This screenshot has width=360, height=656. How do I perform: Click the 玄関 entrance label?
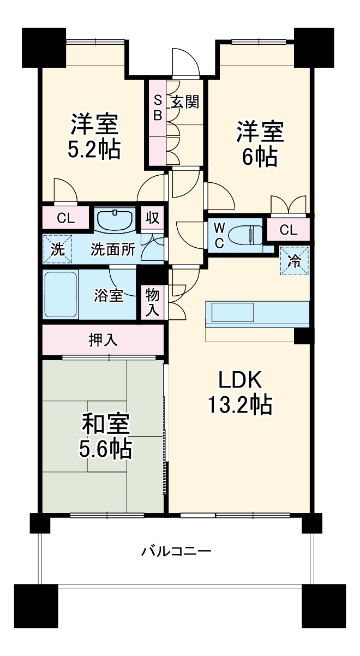point(185,102)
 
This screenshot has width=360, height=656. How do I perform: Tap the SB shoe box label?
point(158,109)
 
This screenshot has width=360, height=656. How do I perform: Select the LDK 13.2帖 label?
point(239,392)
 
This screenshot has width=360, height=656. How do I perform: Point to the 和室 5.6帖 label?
point(105,437)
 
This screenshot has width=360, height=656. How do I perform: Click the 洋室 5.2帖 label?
point(94,137)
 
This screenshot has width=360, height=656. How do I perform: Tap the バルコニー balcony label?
point(176,552)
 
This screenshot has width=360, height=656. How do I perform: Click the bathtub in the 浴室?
point(61,294)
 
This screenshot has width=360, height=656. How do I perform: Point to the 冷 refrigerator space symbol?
point(295,261)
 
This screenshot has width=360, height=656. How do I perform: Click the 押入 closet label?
point(103,340)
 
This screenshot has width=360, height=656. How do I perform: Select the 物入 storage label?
point(153,302)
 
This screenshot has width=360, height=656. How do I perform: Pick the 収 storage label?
point(153,218)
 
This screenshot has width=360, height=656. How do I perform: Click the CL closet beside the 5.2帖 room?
point(65,218)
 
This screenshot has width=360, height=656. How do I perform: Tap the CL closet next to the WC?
point(289,230)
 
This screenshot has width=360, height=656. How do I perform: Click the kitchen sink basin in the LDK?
point(232,313)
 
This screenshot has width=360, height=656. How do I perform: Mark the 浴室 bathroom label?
point(109,295)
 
